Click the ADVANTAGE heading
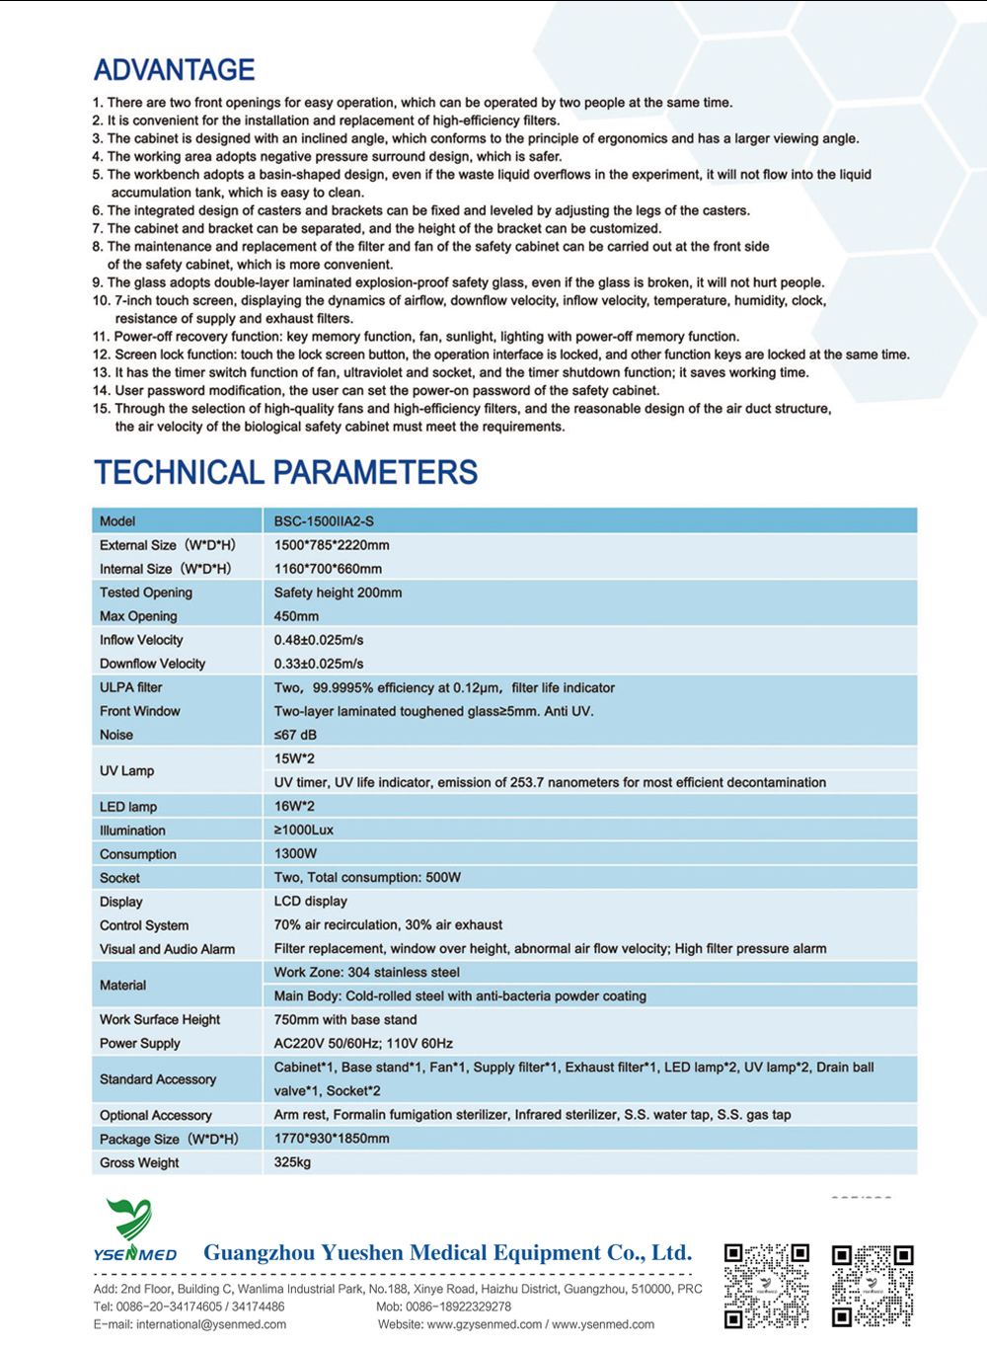tap(174, 70)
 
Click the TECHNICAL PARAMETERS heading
tap(285, 472)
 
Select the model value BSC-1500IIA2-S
tap(324, 520)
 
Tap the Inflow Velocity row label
tap(141, 640)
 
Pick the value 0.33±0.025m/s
tap(319, 664)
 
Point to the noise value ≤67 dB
tap(296, 735)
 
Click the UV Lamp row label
tap(126, 770)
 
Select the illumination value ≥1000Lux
tap(304, 830)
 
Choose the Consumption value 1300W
tap(295, 853)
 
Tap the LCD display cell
tap(311, 901)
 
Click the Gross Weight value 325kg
tap(292, 1162)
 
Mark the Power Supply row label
tap(140, 1043)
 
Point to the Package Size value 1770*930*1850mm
tap(332, 1139)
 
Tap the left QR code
tap(767, 1285)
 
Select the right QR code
tap(873, 1285)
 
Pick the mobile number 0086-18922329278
tap(458, 1307)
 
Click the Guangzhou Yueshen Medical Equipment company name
tap(447, 1253)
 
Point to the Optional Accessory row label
tap(156, 1115)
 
